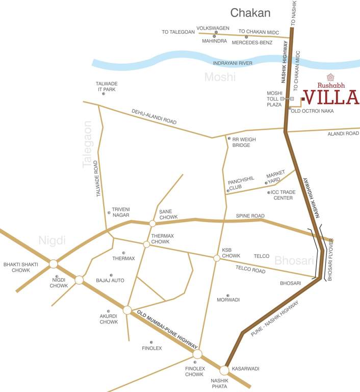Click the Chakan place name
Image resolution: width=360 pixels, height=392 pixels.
[x=250, y=13]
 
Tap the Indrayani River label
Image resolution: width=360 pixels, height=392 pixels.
[x=233, y=63]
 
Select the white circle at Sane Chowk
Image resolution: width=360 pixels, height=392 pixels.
[x=152, y=224]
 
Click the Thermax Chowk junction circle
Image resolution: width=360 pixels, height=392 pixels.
[x=146, y=244]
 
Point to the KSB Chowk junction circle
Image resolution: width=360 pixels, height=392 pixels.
[x=216, y=258]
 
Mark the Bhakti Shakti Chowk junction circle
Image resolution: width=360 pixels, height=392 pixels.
[x=53, y=264]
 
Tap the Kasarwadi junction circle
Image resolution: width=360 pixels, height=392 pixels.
[x=224, y=370]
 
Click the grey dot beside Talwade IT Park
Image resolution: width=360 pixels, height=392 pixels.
[x=104, y=94]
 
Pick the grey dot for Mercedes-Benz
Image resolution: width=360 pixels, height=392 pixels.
[x=246, y=37]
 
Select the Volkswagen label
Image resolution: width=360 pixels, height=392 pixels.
[x=213, y=28]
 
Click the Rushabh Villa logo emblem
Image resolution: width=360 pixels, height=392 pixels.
[x=329, y=78]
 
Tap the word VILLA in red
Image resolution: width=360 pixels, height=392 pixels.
[x=331, y=96]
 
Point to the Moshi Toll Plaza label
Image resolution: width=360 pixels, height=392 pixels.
[x=274, y=99]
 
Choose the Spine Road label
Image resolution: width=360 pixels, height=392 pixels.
[x=250, y=216]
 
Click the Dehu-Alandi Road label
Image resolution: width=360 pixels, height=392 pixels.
[x=153, y=117]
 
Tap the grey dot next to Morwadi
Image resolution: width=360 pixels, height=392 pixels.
[x=228, y=296]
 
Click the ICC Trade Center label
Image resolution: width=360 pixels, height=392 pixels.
[x=282, y=195]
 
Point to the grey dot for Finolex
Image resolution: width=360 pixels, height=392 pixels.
[x=151, y=342]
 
